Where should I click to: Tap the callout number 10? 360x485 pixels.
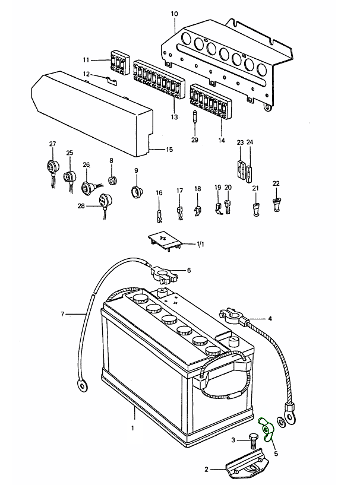[x=173, y=13]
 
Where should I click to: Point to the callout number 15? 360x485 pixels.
[x=169, y=150]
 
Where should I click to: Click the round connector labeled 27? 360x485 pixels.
[x=51, y=168]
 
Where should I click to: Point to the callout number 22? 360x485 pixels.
[x=276, y=183]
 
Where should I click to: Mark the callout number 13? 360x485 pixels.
[x=174, y=118]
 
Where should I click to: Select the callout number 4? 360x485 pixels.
[x=270, y=319]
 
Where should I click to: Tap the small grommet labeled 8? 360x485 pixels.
[x=110, y=179]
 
